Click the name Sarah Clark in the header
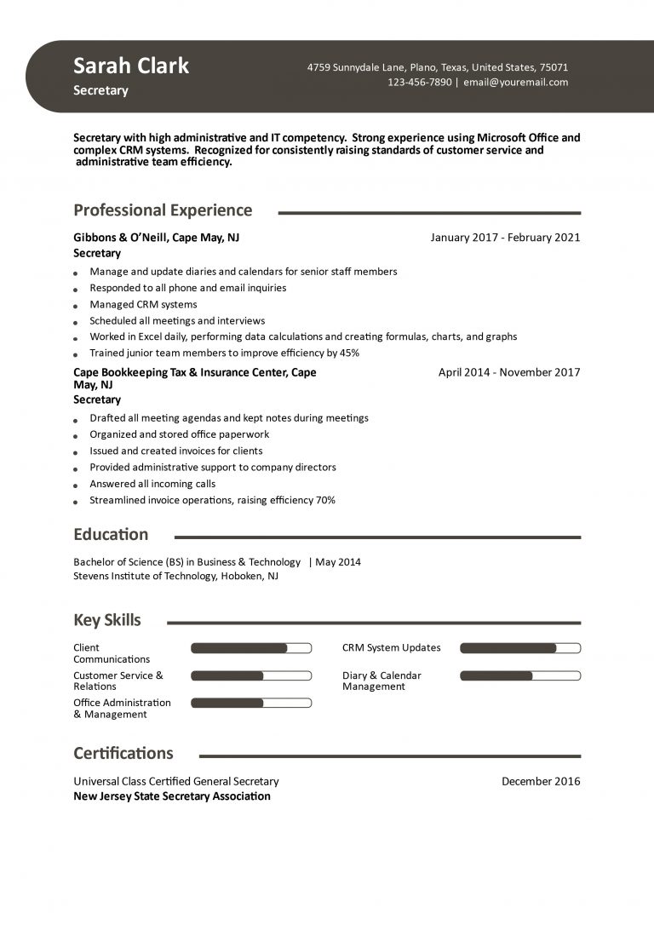click(131, 66)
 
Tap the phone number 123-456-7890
click(420, 83)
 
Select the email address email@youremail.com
click(516, 83)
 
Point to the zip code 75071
click(554, 67)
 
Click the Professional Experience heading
click(163, 210)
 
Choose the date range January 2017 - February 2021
click(505, 238)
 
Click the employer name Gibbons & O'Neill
click(120, 238)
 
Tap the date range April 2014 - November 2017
click(509, 372)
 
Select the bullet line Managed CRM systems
click(143, 304)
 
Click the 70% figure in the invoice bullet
click(325, 500)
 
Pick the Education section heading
click(111, 535)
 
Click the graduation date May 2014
click(338, 562)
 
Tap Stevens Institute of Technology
click(145, 576)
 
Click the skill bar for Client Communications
click(251, 648)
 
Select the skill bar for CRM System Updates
click(520, 648)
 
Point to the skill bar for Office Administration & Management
click(251, 703)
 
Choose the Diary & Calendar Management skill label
click(381, 681)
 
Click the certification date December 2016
click(541, 781)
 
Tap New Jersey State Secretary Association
click(172, 796)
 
